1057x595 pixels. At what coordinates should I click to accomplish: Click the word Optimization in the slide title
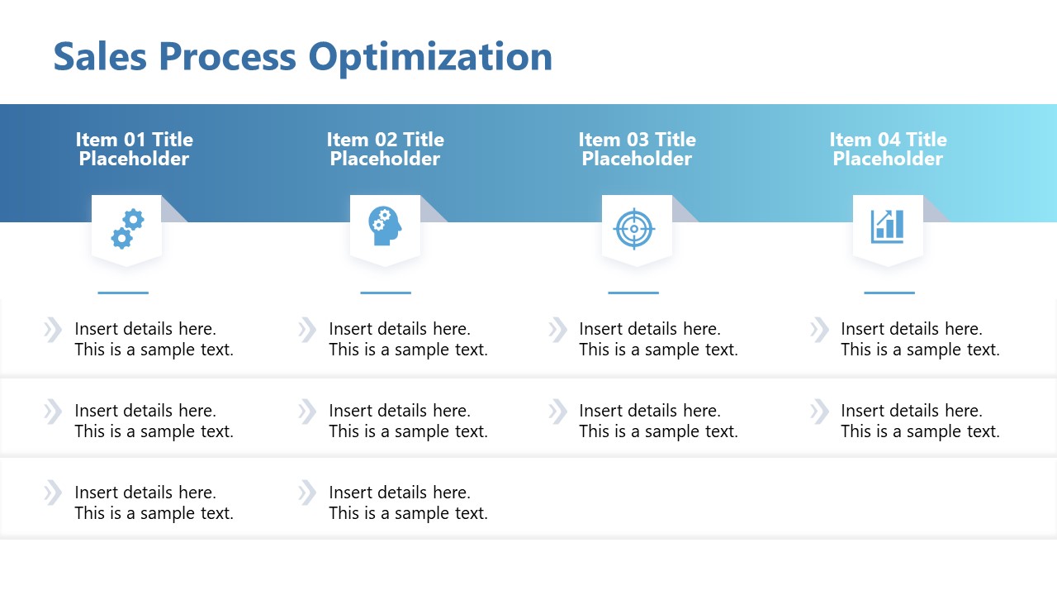tap(430, 57)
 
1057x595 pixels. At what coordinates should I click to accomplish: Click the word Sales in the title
tap(100, 57)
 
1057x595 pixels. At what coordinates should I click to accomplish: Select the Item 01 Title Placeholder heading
tap(134, 149)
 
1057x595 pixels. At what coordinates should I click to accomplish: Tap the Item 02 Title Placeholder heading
tap(385, 149)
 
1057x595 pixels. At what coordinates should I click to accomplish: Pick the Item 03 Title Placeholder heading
tap(637, 149)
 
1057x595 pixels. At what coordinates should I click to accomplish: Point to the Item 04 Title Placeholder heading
tap(888, 149)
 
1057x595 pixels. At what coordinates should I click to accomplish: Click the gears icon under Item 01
tap(127, 228)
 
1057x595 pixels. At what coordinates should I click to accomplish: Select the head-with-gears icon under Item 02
tap(385, 226)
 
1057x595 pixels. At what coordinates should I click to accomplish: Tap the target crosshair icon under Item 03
tap(634, 228)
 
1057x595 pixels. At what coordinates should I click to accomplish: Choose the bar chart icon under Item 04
tap(887, 226)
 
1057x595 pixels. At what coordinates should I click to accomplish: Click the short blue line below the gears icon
tap(123, 293)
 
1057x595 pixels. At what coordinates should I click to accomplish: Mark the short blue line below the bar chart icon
tap(889, 293)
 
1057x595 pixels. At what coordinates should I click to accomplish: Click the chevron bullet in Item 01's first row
tap(52, 330)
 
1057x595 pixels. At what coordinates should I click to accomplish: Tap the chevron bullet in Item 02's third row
tap(306, 493)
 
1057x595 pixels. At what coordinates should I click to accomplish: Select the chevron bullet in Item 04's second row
tap(818, 411)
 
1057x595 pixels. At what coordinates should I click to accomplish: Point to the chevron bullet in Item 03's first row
tap(557, 330)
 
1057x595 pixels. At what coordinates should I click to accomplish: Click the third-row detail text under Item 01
tap(154, 502)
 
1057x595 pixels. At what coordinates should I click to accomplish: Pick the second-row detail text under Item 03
tap(658, 421)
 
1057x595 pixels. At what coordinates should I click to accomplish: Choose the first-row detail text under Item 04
tap(920, 339)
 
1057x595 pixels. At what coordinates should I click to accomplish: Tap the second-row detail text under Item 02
tap(408, 421)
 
